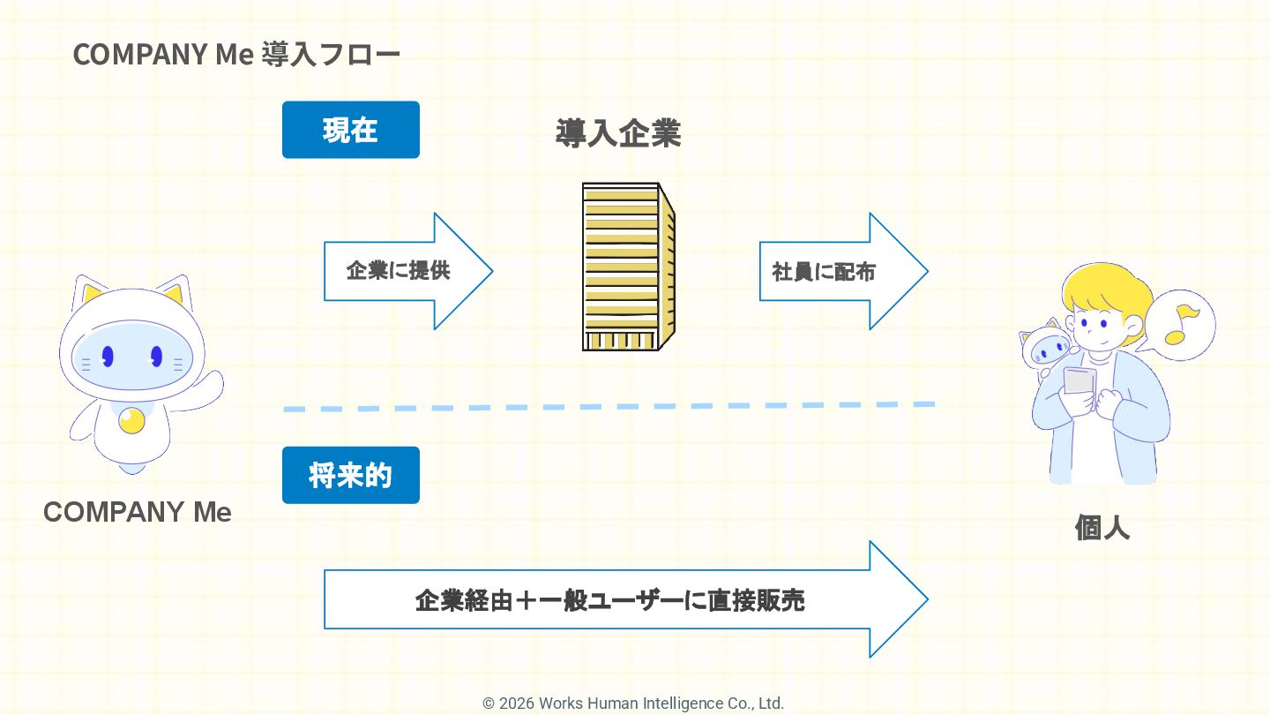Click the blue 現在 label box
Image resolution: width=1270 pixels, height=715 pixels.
click(x=350, y=130)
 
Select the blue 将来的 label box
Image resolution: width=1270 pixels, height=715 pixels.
click(x=350, y=475)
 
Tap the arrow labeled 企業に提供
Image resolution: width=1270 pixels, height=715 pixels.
click(x=406, y=271)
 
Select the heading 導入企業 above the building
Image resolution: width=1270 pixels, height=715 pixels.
click(x=617, y=133)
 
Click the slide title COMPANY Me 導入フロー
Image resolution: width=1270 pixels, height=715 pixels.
click(x=236, y=54)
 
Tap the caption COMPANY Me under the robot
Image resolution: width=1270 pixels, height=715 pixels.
click(x=138, y=512)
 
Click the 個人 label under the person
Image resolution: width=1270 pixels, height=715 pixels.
click(x=1102, y=527)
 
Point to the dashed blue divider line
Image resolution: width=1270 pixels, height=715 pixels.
click(x=609, y=407)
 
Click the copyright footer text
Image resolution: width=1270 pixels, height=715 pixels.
click(x=633, y=704)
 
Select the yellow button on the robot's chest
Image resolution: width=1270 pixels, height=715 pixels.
click(x=131, y=420)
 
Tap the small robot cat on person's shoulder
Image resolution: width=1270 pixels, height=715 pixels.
click(x=1047, y=346)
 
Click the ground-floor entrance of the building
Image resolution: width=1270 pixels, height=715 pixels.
click(x=620, y=341)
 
